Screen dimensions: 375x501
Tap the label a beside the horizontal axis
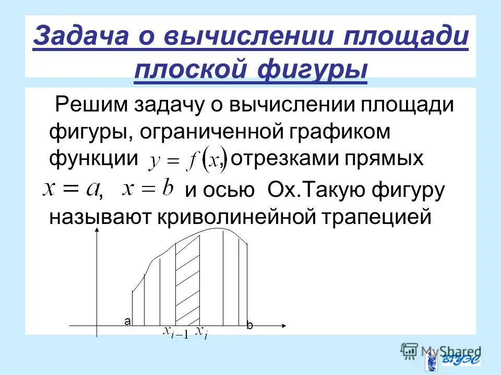(x=127, y=321)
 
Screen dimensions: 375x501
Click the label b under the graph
(x=249, y=326)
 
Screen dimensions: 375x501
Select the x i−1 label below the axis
(x=175, y=332)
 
